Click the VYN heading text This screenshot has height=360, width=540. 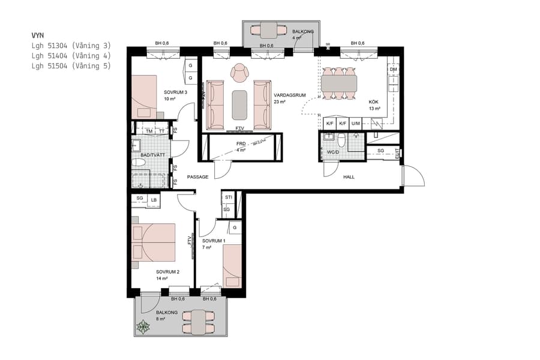38,35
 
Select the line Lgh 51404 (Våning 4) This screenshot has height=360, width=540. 71,56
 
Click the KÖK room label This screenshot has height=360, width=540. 374,102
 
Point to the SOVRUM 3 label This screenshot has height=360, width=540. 176,92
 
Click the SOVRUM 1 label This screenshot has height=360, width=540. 214,241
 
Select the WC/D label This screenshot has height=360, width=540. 332,152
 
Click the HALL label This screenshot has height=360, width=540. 349,178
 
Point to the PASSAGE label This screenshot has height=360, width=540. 197,177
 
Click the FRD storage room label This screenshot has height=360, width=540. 241,144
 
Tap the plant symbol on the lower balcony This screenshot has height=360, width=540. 143,328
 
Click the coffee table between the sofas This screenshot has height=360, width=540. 240,104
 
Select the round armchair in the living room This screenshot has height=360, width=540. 240,72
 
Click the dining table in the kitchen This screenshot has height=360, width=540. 339,83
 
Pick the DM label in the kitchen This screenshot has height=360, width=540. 393,70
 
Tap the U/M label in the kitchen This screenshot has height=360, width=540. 356,124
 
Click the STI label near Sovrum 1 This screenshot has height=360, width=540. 228,197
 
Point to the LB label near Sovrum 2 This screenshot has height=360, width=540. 154,199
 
